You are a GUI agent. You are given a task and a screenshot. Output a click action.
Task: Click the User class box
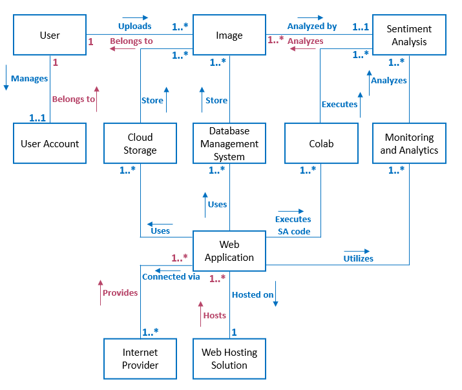pos(50,35)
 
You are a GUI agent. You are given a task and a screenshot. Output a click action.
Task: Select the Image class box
pos(229,35)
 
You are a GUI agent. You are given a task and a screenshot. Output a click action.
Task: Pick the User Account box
pos(50,144)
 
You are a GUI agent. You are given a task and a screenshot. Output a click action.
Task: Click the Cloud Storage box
pos(140,144)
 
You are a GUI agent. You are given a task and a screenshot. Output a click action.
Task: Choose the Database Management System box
pos(229,144)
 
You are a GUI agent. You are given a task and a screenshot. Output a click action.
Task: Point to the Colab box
pos(320,144)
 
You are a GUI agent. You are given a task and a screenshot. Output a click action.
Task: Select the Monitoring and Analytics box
pos(409,144)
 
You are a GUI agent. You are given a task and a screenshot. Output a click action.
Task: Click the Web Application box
pos(229,251)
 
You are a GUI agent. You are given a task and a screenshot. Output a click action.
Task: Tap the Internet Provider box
pos(140,359)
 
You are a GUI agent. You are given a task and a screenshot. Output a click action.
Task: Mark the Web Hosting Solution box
pos(229,359)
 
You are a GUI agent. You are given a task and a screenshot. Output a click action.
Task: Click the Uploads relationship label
pos(134,26)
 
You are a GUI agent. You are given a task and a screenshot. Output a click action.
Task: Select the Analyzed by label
pos(312,26)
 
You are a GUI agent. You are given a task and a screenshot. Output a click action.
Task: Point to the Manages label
pos(30,79)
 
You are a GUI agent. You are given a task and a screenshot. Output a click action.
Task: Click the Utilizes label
pos(358,258)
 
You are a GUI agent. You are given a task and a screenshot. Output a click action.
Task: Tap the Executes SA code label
pos(293,225)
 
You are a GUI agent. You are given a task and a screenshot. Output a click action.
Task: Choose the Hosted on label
pos(253,294)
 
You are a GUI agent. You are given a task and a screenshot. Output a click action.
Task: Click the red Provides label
pos(120,292)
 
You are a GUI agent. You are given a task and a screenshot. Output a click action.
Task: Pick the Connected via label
pos(171,276)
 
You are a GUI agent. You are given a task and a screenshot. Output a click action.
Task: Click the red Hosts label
pos(215,315)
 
